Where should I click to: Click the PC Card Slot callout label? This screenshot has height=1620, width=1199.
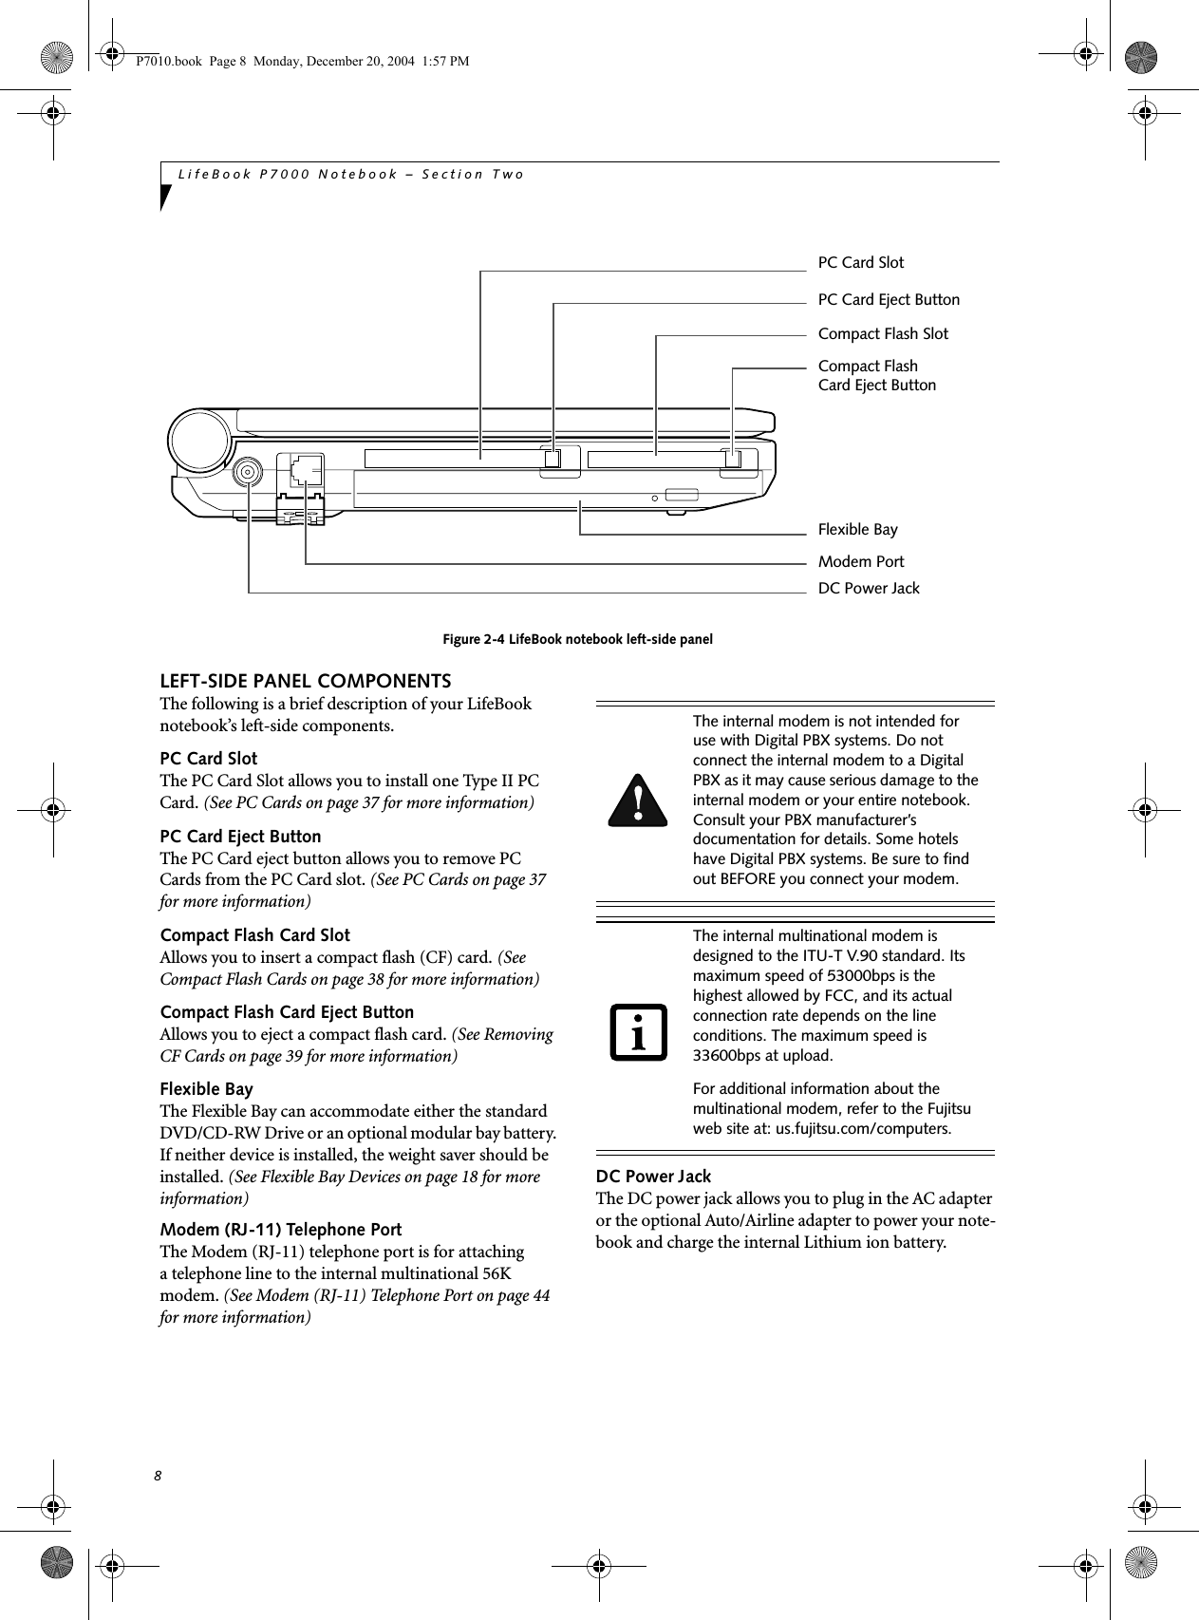coord(860,262)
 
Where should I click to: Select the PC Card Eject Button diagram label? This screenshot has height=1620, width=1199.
coord(888,299)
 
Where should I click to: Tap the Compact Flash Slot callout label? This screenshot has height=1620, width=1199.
coord(882,333)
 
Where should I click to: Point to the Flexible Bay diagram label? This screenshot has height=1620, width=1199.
coord(857,529)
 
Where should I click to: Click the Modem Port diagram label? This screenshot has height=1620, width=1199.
coord(860,561)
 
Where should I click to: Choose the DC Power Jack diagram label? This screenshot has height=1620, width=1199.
coord(868,588)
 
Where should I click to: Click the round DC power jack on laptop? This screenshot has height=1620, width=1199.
coord(249,472)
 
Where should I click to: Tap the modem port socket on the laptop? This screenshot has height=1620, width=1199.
coord(306,469)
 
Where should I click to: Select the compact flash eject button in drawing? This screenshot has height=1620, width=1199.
coord(733,458)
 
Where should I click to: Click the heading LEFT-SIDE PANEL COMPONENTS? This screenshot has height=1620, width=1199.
coord(305,681)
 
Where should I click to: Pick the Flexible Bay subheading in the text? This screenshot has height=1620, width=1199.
coord(206,1088)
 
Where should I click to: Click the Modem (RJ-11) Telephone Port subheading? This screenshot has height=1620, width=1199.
coord(280,1229)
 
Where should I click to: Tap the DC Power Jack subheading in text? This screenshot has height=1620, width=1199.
coord(652,1176)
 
